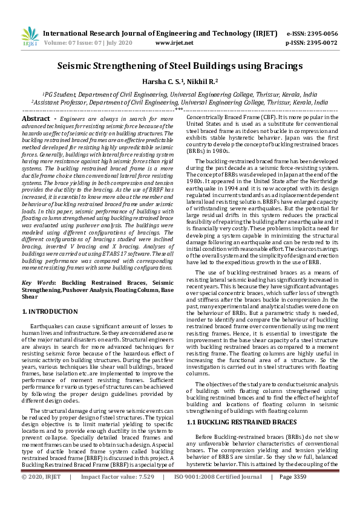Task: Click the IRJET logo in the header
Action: click(30, 37)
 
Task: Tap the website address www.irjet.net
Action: click(174, 43)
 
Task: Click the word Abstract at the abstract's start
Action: click(36, 119)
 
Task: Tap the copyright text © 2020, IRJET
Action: click(41, 494)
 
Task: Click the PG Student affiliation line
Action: click(180, 95)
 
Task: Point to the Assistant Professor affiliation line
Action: click(180, 103)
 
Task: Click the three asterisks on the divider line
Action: click(180, 110)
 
